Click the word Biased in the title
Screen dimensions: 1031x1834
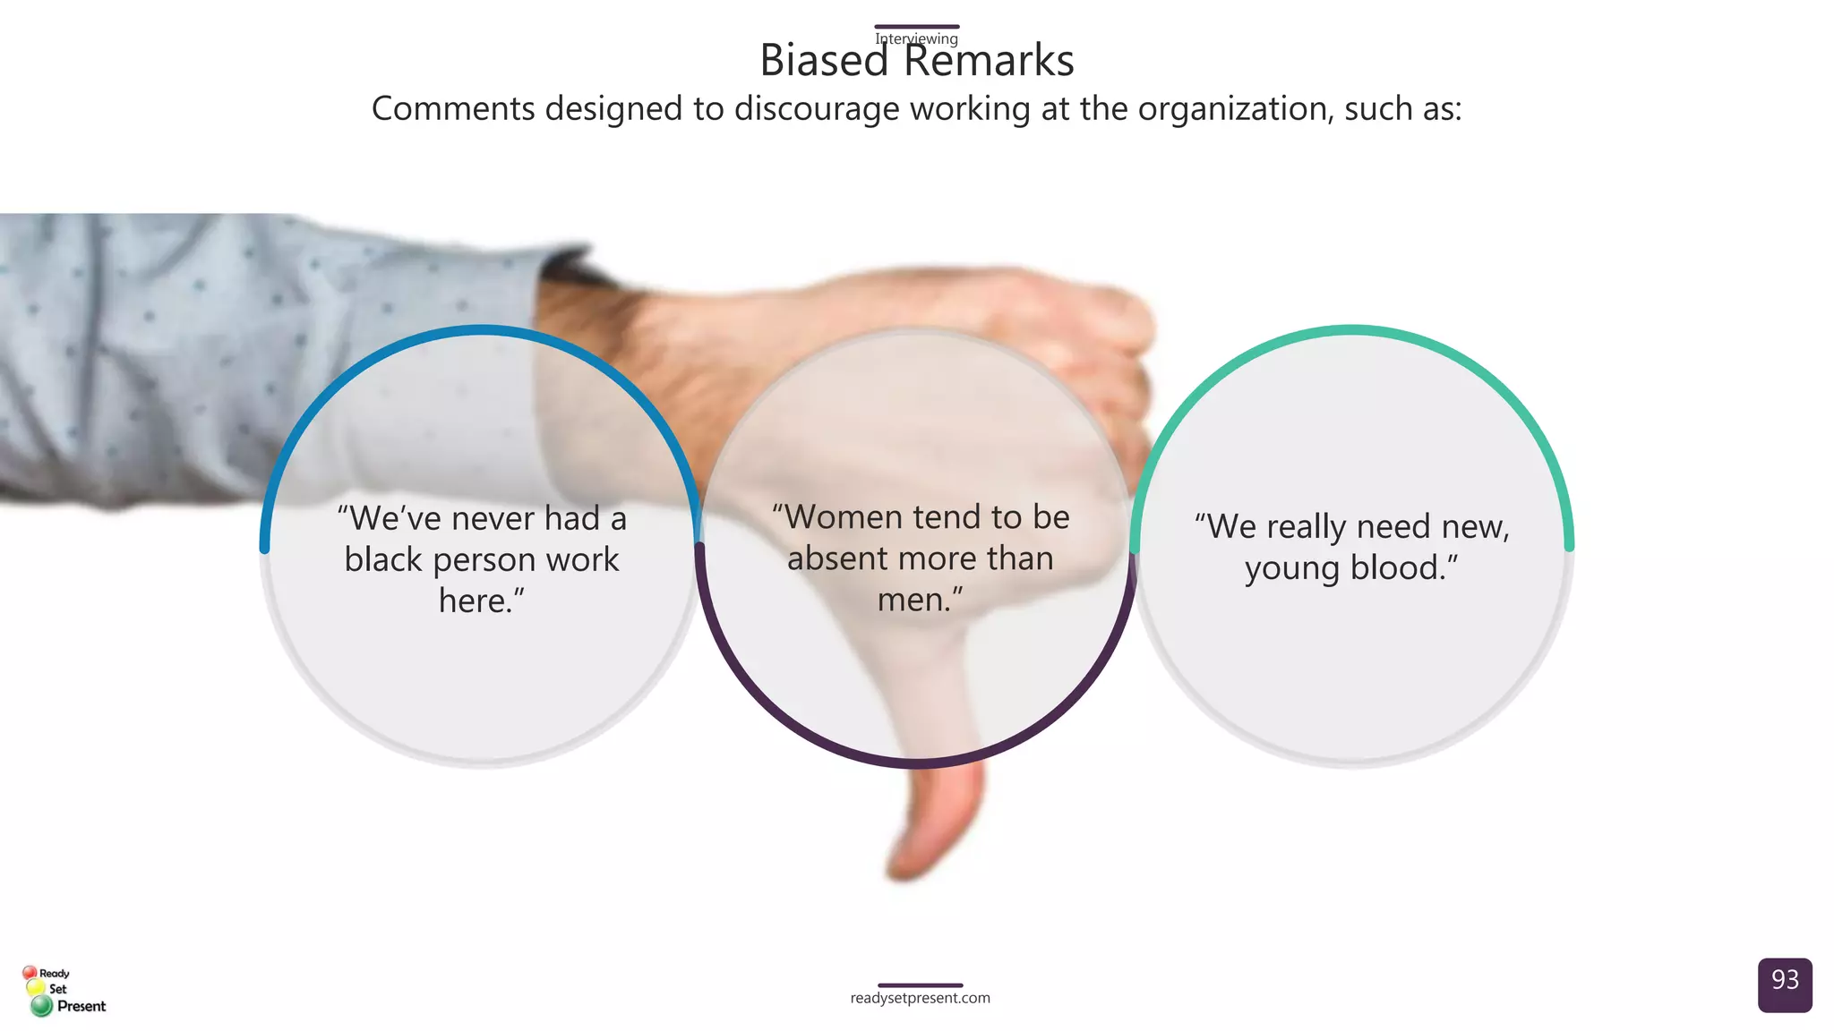(x=823, y=61)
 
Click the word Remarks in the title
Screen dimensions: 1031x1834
(x=988, y=61)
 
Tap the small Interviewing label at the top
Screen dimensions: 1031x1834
(x=916, y=38)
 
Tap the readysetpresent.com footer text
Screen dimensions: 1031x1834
(x=920, y=998)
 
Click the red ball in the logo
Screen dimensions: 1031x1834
(x=30, y=973)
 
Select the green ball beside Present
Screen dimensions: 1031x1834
(x=41, y=1006)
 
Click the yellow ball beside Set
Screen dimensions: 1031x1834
(x=36, y=988)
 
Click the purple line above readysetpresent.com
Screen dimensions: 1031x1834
(x=920, y=985)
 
